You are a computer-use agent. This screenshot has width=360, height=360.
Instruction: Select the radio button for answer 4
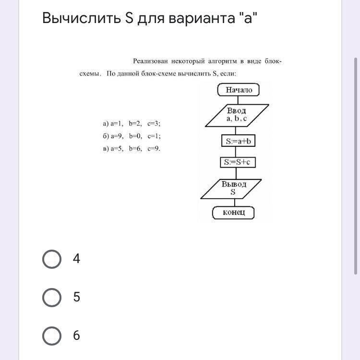52,259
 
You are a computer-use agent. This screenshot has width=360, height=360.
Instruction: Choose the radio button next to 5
52,297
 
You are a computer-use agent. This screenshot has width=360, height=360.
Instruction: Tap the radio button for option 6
52,336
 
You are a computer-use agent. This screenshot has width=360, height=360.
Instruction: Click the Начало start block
238,90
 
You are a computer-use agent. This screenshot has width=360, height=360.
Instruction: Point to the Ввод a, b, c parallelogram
237,115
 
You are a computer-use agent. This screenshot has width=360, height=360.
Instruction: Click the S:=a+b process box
238,141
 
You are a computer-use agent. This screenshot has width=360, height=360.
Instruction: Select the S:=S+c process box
238,162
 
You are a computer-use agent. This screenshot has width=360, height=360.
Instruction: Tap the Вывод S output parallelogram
231,189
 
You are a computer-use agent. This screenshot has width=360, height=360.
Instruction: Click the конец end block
233,213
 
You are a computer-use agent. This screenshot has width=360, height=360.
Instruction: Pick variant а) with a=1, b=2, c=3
132,124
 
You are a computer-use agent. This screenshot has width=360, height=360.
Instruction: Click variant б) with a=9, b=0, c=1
132,136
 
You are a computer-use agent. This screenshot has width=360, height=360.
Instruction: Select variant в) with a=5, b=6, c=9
132,148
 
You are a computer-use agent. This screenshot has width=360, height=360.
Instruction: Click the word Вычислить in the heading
82,18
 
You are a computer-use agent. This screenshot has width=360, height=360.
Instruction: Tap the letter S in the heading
129,18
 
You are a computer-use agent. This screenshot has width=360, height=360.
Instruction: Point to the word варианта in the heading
202,18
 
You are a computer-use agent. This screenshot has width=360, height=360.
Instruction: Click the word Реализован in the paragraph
150,61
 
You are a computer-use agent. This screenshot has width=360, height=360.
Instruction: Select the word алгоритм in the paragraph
222,61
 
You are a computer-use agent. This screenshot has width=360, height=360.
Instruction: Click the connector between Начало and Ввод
238,100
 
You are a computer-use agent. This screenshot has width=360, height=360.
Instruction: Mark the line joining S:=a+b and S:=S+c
236,152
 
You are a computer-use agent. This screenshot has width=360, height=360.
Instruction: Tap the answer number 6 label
76,336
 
